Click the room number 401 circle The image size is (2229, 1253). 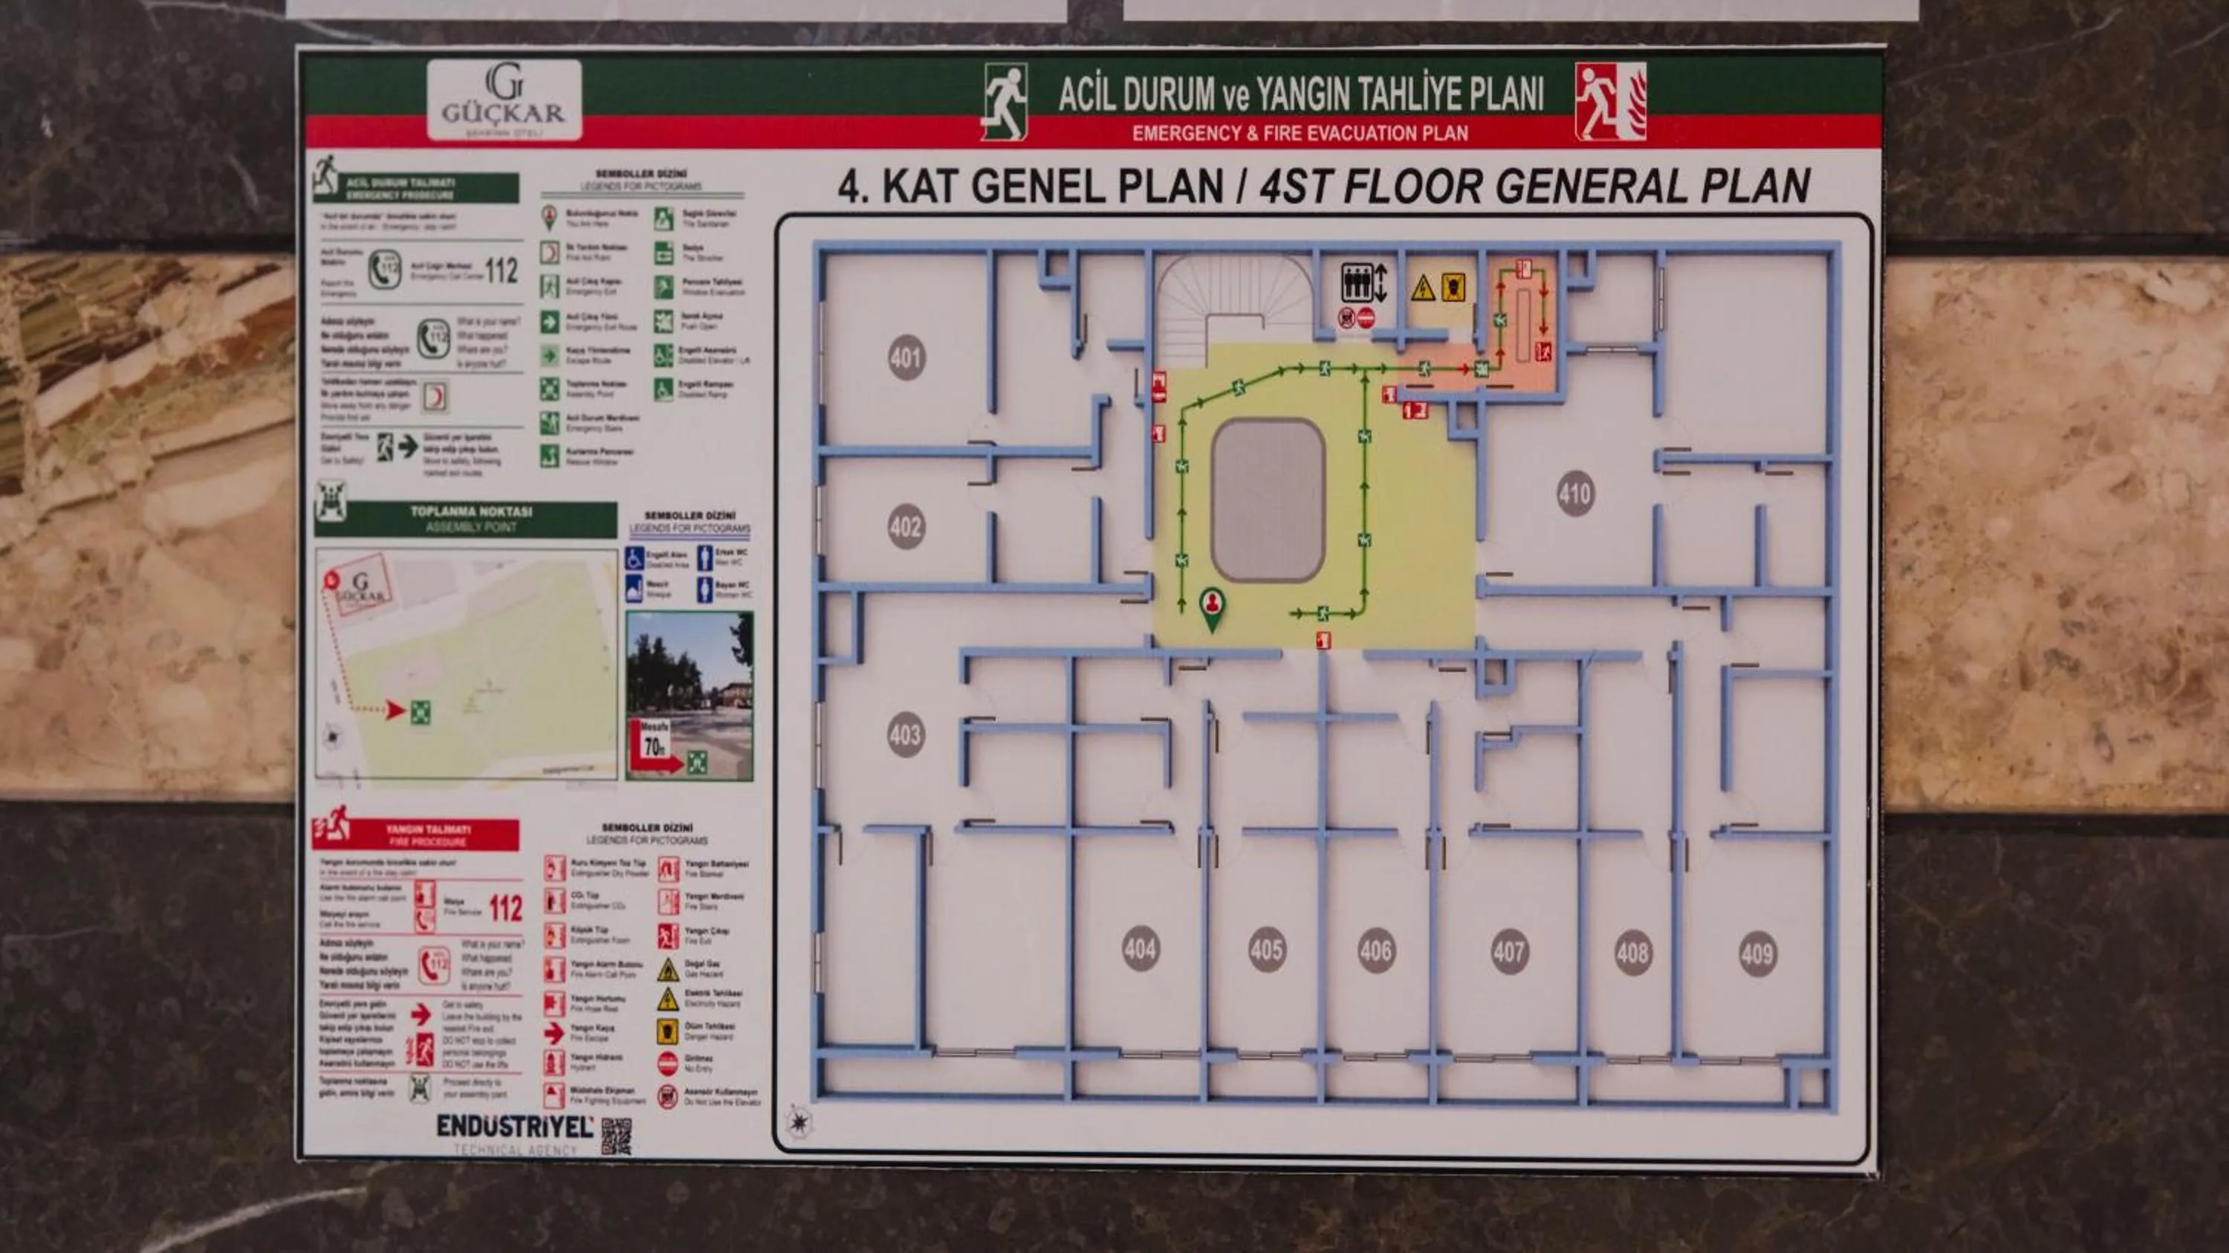click(x=906, y=357)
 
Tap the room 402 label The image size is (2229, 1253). click(x=906, y=527)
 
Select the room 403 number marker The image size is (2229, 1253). click(x=905, y=736)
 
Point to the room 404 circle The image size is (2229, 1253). click(x=1141, y=949)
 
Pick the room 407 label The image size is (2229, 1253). click(x=1509, y=952)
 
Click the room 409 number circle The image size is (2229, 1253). click(x=1757, y=954)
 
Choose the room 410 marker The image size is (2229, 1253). click(x=1575, y=494)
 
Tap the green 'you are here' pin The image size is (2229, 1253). click(x=1213, y=606)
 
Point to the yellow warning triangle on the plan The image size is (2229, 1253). click(x=1423, y=289)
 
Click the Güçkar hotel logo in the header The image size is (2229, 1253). click(x=504, y=100)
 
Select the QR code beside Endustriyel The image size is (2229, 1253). click(x=616, y=1136)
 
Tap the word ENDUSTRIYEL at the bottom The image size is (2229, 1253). click(x=515, y=1127)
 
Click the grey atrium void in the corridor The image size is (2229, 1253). click(x=1268, y=500)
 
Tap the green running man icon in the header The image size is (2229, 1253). click(x=1005, y=101)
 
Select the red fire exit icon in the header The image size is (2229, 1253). click(x=1609, y=101)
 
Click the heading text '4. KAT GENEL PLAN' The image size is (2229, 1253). click(x=1030, y=186)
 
